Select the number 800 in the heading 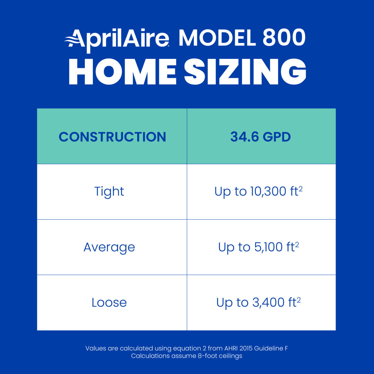click(x=284, y=38)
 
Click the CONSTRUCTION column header click(x=112, y=137)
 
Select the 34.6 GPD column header click(x=260, y=137)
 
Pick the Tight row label click(x=109, y=192)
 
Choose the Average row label click(x=109, y=247)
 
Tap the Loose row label click(x=109, y=303)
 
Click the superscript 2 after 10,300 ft click(x=301, y=189)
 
